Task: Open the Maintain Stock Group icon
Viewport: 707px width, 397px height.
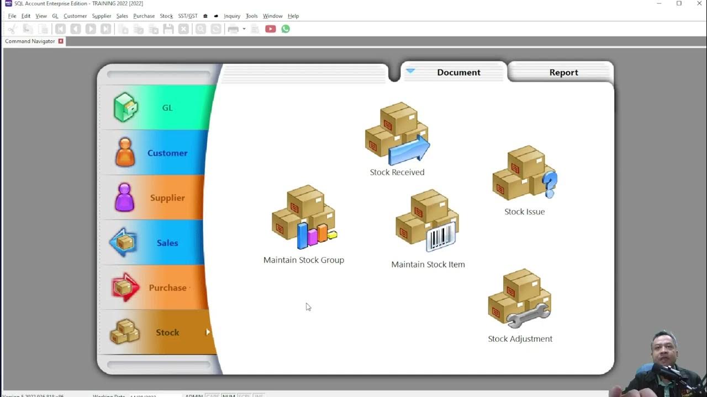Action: (x=304, y=217)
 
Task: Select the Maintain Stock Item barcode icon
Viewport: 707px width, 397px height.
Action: (x=428, y=221)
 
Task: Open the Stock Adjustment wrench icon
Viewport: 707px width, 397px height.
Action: (x=520, y=300)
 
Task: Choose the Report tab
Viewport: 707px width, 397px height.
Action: (x=563, y=72)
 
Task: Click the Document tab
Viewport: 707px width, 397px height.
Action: (x=458, y=72)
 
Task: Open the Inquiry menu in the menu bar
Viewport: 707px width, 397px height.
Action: (x=232, y=16)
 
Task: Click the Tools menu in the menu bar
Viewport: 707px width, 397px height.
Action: (x=251, y=16)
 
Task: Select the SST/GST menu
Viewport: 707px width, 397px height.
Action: (x=188, y=16)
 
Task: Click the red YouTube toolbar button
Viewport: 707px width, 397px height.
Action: (x=270, y=29)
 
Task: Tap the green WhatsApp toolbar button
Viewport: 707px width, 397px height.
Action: (x=286, y=29)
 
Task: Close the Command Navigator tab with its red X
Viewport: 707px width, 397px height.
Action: (x=61, y=41)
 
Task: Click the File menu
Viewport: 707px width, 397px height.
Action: (x=12, y=16)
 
